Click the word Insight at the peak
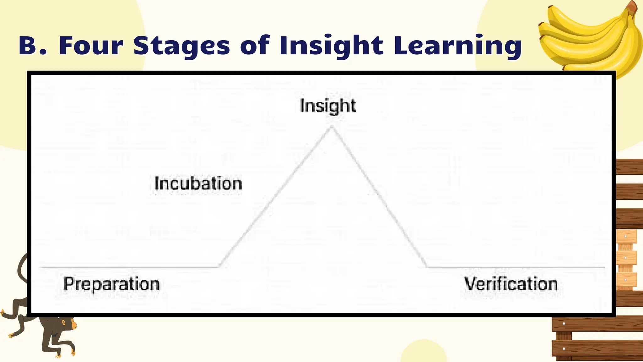point(328,106)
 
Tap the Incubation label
point(198,184)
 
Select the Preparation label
point(111,284)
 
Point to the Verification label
point(511,284)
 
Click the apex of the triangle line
point(332,127)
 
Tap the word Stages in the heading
point(182,46)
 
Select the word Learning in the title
point(457,46)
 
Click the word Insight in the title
point(331,46)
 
